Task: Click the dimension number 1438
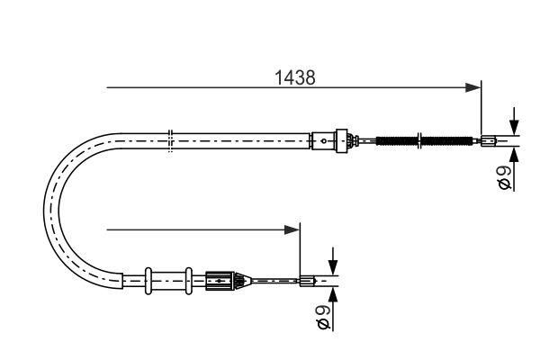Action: pyautogui.click(x=294, y=78)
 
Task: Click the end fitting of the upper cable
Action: pyautogui.click(x=488, y=139)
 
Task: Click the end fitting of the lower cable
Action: pyautogui.click(x=306, y=281)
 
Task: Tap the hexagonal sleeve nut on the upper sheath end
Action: pyautogui.click(x=340, y=139)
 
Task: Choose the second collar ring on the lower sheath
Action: pyautogui.click(x=187, y=280)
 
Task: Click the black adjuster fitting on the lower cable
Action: pyautogui.click(x=220, y=280)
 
